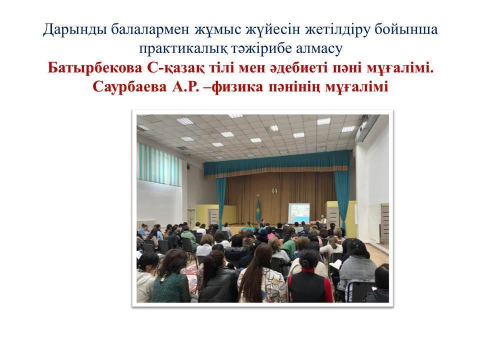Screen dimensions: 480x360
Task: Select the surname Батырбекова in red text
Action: coord(95,68)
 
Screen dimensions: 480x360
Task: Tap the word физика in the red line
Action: coord(237,87)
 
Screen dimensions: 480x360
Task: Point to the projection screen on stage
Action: coord(299,213)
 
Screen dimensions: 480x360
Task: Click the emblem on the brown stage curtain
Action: coord(274,191)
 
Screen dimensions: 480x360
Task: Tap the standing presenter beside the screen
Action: coord(323,221)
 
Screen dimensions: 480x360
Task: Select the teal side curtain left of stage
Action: coord(220,201)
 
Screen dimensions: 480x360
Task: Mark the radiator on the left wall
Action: coord(146,225)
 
